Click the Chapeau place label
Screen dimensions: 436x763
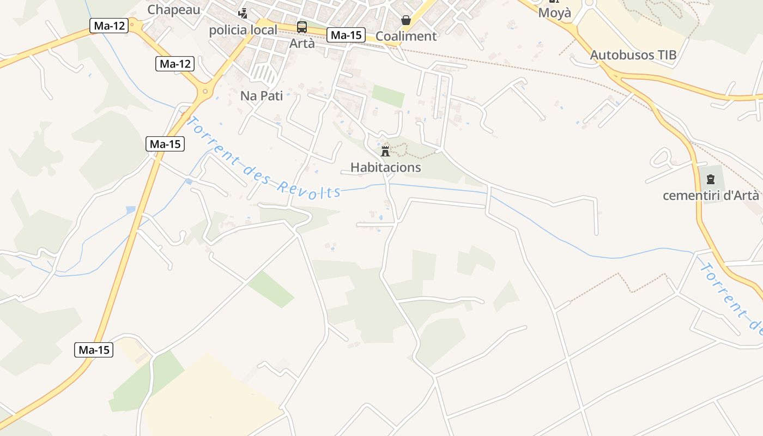pos(174,9)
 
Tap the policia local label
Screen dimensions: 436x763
pos(243,30)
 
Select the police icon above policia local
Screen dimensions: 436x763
pos(243,13)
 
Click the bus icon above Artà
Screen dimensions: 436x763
pos(302,27)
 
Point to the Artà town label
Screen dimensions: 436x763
pos(302,43)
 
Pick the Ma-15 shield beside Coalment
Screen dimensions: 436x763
pos(346,35)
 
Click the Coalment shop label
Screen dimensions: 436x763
pos(407,36)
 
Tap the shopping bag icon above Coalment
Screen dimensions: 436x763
pos(406,20)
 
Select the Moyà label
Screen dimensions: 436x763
pos(554,13)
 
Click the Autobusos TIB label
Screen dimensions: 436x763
pos(633,55)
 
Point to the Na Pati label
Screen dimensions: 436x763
pos(262,96)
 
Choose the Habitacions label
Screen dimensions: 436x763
pos(386,167)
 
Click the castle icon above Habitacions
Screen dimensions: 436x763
pos(386,151)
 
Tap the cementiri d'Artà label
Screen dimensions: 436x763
pos(711,196)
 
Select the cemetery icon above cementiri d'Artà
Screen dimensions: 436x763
pos(711,179)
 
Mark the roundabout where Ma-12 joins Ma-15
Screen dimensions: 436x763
pos(206,91)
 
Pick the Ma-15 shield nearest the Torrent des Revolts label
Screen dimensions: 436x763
pos(165,144)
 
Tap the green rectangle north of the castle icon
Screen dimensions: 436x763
pos(389,96)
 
